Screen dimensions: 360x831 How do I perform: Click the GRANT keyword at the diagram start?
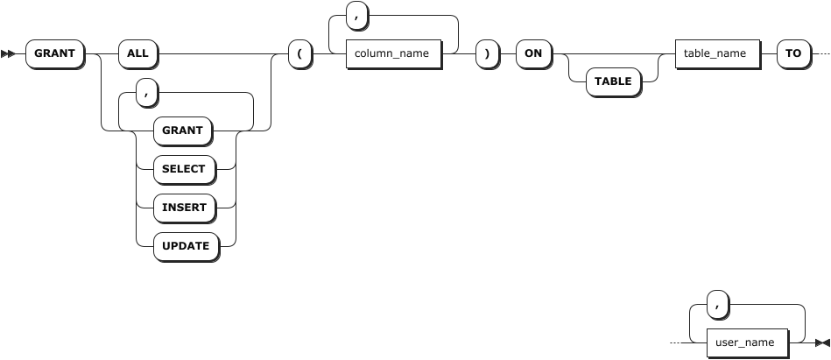coord(54,53)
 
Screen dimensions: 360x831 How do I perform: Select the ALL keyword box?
coord(137,53)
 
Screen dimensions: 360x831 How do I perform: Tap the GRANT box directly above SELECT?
coord(182,131)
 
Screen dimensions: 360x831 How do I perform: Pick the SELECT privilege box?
coord(184,169)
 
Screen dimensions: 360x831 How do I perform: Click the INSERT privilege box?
coord(184,208)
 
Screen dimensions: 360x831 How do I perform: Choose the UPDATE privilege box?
coord(185,246)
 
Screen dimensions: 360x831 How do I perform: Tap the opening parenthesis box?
coord(299,53)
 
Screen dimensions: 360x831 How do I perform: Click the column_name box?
coord(391,53)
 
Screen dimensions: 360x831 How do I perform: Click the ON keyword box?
coord(532,53)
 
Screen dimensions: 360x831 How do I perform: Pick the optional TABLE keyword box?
coord(614,81)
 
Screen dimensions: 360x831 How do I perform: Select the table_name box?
coord(715,53)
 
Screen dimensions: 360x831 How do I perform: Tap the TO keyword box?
coord(793,53)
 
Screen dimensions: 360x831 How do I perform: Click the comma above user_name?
coord(718,304)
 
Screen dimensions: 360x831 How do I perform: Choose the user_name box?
coord(745,342)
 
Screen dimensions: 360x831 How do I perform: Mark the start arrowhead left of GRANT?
coord(9,54)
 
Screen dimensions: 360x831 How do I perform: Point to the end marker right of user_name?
coord(821,342)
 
